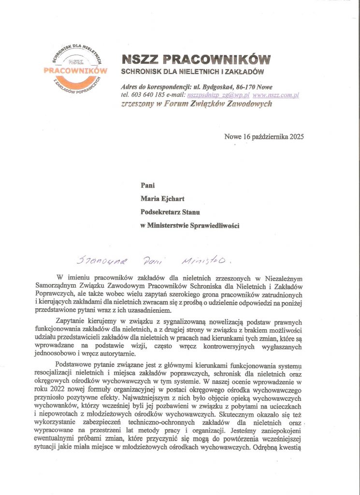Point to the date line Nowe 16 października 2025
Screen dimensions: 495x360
pos(264,136)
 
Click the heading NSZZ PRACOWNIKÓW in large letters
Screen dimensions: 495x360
pos(196,59)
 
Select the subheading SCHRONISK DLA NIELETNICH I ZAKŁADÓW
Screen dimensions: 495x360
pos(191,73)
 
